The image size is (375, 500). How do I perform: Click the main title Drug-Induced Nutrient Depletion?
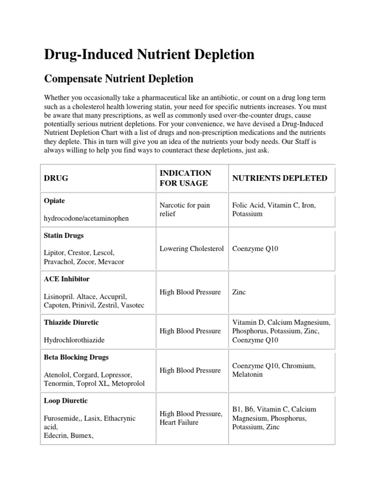point(149,54)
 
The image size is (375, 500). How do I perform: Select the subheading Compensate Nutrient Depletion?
point(119,79)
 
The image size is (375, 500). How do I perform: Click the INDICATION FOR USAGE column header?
point(186,178)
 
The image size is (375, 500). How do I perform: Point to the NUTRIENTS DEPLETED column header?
point(280,178)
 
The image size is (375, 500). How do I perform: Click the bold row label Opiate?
point(54,201)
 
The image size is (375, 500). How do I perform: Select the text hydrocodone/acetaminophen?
point(86,218)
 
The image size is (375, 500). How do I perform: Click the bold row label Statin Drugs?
point(64,235)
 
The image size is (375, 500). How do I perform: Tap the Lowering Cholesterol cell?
point(191,249)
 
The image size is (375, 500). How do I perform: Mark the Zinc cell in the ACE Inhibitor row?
point(239,292)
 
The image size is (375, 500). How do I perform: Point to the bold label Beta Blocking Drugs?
point(76,357)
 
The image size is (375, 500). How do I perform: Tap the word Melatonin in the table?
point(248,375)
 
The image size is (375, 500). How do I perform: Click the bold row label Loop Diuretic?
point(66,401)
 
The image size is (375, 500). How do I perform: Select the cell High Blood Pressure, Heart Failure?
point(191,418)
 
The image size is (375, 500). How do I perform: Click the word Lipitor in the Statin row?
point(54,253)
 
